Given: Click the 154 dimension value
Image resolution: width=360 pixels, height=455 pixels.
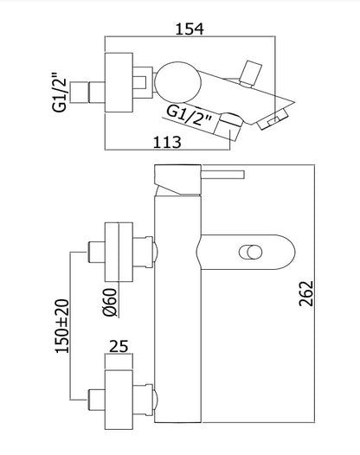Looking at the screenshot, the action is click(190, 29).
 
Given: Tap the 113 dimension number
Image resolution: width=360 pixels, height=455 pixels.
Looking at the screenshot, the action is click(167, 142).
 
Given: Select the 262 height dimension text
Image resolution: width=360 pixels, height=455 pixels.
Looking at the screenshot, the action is click(306, 293).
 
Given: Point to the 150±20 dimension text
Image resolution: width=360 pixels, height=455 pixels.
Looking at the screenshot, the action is click(62, 326).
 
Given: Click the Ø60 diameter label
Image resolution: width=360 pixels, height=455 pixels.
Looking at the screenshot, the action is click(110, 303).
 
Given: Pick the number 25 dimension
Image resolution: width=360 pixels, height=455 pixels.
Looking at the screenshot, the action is click(119, 346).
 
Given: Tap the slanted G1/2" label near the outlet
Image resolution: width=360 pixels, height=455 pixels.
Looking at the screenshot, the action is click(189, 115).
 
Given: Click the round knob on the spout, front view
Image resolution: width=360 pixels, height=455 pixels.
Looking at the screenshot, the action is click(250, 252).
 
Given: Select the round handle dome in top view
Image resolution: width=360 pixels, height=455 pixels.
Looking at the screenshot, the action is click(177, 82).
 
